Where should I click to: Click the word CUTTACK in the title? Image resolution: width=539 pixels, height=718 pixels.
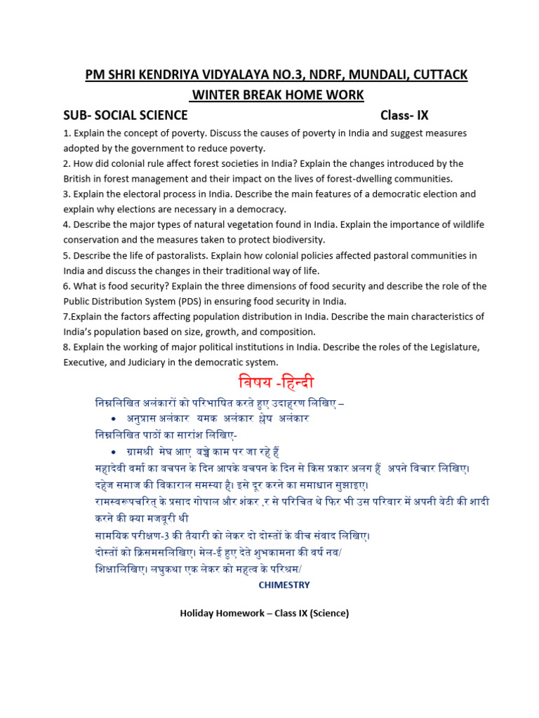click(436, 74)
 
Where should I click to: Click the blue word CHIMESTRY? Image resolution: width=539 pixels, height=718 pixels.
click(284, 584)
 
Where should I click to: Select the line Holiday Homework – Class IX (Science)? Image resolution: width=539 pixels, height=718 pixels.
click(264, 614)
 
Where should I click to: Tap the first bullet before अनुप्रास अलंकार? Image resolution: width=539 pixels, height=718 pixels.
click(114, 419)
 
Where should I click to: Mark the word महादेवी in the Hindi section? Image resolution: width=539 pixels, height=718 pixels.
click(112, 468)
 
